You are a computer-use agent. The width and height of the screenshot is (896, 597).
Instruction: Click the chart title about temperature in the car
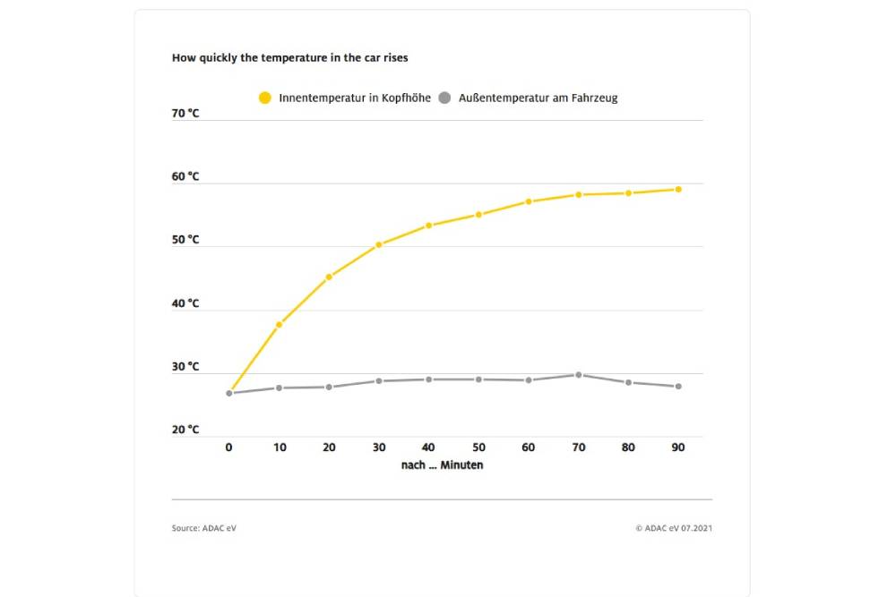(x=290, y=57)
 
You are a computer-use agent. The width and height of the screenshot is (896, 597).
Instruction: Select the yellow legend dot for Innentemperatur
(x=264, y=98)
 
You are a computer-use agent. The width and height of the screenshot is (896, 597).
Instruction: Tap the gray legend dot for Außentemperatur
(x=444, y=98)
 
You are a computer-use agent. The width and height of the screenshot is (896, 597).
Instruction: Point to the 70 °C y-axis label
(x=185, y=114)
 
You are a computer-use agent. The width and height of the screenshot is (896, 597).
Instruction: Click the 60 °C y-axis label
(x=185, y=177)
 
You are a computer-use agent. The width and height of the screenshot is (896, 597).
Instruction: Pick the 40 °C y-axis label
(x=185, y=303)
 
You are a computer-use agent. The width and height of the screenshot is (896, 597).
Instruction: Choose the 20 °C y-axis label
(x=185, y=430)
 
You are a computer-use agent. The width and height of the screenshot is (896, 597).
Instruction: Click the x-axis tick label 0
(x=228, y=448)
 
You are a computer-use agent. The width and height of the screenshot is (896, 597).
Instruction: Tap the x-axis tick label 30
(x=379, y=448)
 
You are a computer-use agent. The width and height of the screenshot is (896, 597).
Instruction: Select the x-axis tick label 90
(x=678, y=448)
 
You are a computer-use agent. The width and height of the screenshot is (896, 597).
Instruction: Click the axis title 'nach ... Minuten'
(x=442, y=465)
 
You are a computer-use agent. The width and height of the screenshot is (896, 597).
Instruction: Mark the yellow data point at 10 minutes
(x=279, y=324)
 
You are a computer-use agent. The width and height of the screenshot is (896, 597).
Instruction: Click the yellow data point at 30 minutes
(x=379, y=244)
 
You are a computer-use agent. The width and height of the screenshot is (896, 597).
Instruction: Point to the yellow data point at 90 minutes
(x=678, y=189)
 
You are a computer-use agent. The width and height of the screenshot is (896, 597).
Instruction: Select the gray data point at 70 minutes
(x=579, y=375)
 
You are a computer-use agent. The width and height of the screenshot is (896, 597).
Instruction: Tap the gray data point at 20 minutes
(x=329, y=387)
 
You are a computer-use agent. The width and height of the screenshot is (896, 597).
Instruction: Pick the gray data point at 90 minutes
(x=678, y=387)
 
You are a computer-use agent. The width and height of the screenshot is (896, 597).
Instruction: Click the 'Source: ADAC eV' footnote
(x=204, y=528)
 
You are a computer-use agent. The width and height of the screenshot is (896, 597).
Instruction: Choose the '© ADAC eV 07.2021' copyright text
(x=674, y=528)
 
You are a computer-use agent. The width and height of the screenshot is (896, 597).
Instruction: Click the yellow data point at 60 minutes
(x=529, y=201)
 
